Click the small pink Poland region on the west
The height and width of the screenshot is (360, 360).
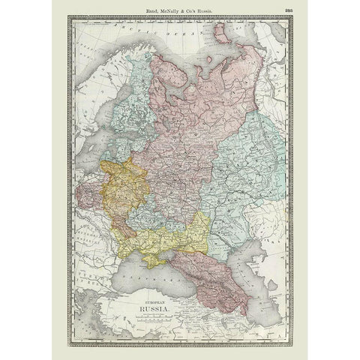pos(86,195)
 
